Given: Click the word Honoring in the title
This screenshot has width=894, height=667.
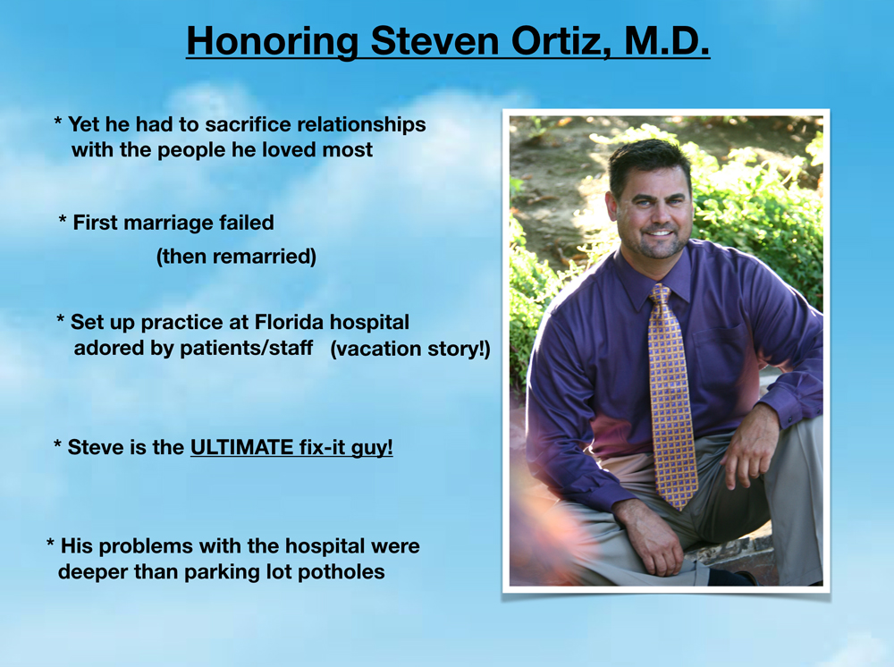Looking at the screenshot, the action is pyautogui.click(x=273, y=42).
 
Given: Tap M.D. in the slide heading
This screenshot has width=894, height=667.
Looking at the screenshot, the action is pyautogui.click(x=667, y=40).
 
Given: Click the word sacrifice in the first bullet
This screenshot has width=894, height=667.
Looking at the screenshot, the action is pyautogui.click(x=248, y=124).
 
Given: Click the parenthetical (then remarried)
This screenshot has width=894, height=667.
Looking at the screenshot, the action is pyautogui.click(x=236, y=257).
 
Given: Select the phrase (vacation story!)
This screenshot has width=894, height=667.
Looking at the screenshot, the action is pyautogui.click(x=410, y=349).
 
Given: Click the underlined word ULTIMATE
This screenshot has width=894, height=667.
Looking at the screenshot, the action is pyautogui.click(x=241, y=447).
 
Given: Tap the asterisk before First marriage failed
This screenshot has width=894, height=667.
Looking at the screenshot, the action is pyautogui.click(x=63, y=220).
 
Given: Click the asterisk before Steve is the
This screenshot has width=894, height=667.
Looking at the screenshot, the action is pyautogui.click(x=57, y=444).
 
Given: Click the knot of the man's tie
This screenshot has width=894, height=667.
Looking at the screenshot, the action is pyautogui.click(x=660, y=294).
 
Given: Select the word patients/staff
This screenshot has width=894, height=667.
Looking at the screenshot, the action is pyautogui.click(x=246, y=348).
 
